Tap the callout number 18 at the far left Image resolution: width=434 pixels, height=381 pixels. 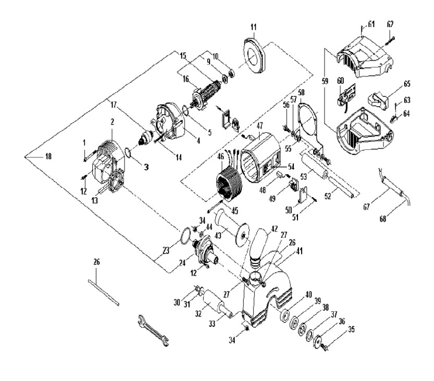click(x=34, y=157)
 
